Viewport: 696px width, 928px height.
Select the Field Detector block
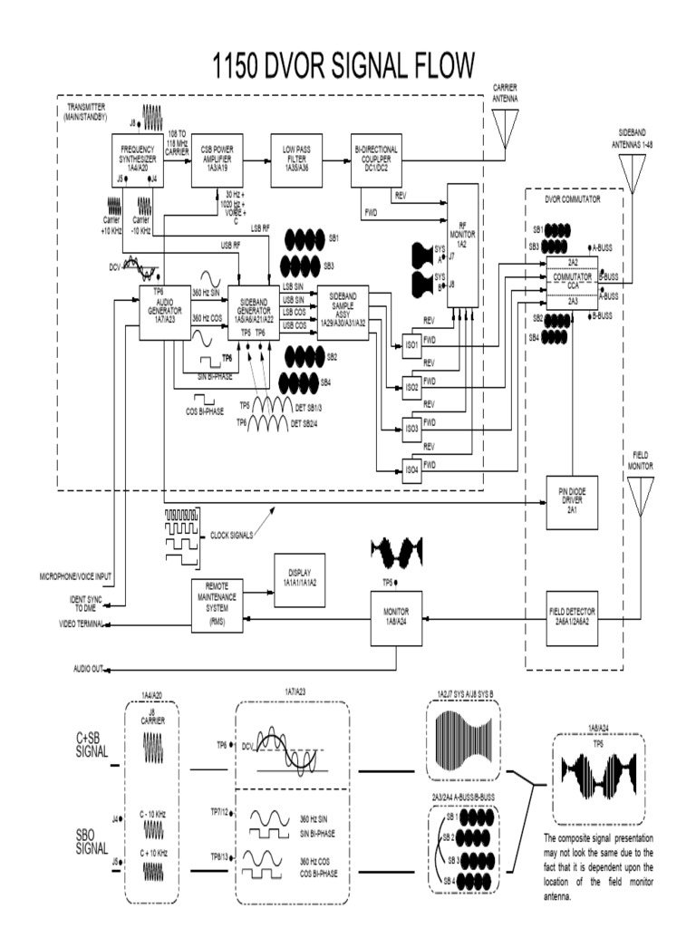pos(570,618)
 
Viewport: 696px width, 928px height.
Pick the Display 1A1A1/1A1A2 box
pos(298,576)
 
